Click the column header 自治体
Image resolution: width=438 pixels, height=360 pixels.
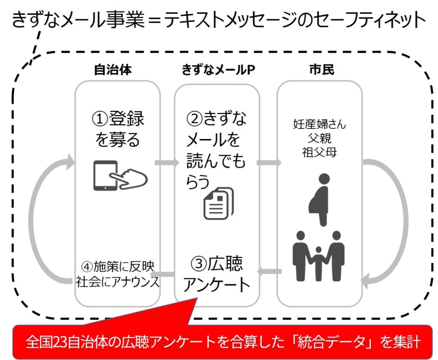click(112, 70)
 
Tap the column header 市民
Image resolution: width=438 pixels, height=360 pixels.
click(321, 70)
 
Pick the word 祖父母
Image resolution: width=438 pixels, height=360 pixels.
click(320, 152)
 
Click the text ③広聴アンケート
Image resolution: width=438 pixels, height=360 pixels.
click(217, 274)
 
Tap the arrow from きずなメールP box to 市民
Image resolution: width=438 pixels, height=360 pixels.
click(268, 163)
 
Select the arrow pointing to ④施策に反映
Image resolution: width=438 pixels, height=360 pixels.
click(164, 274)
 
